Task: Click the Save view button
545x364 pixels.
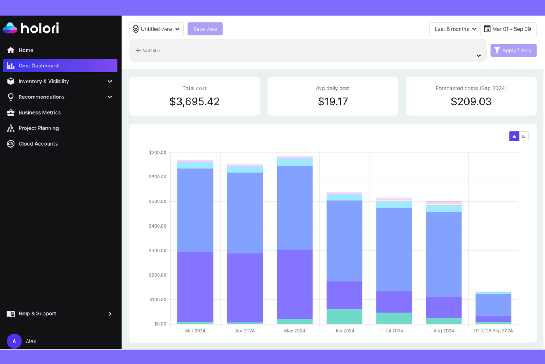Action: tap(205, 29)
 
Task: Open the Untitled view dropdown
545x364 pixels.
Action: tap(156, 29)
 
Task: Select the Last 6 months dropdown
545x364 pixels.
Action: tap(455, 29)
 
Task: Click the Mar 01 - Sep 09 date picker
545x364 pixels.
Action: tap(508, 29)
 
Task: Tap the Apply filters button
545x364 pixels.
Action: tap(513, 51)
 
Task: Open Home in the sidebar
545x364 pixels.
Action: tap(26, 50)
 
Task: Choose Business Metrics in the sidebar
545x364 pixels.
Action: tap(39, 112)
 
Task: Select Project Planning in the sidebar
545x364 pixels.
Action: tap(38, 128)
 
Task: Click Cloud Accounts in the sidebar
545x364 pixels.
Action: tap(38, 144)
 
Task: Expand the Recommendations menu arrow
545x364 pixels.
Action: tap(110, 97)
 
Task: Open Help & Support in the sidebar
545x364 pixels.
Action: tap(37, 313)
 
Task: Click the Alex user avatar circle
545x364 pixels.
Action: tap(14, 341)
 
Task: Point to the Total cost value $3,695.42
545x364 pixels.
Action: tap(194, 101)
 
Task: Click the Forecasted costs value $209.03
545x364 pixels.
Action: tap(471, 101)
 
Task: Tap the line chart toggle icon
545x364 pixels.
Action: tap(524, 136)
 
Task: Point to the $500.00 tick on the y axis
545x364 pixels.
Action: tap(157, 201)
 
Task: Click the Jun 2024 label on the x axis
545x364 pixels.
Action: tap(344, 331)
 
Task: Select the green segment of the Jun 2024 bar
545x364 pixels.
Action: tap(344, 316)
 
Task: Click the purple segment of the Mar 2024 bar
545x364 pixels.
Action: tap(195, 287)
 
